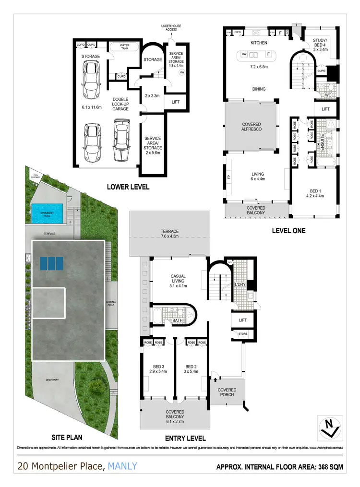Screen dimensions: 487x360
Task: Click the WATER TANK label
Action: [124, 47]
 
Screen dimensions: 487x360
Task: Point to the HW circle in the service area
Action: [182, 72]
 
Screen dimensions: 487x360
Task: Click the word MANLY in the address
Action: [122, 466]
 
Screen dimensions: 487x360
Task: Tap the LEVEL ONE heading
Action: [288, 231]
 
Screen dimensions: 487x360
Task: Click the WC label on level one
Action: [328, 95]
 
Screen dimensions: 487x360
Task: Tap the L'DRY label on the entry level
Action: [240, 285]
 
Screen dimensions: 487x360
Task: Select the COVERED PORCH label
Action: [227, 393]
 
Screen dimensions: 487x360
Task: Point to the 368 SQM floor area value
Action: [332, 467]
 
